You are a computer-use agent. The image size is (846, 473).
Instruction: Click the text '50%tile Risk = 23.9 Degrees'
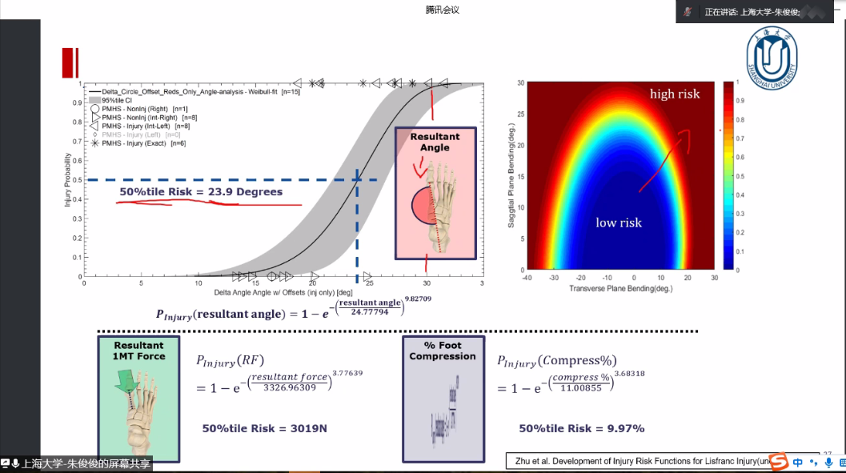(201, 192)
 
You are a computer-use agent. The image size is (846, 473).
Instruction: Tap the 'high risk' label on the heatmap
(674, 94)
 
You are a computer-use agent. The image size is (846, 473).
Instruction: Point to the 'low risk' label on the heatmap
(618, 222)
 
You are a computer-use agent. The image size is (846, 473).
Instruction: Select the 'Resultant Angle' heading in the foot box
(435, 142)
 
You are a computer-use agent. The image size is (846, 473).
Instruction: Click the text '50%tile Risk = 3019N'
(264, 428)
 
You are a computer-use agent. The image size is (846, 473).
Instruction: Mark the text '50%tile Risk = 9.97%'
(581, 428)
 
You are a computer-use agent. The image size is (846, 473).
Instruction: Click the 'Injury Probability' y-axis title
(69, 179)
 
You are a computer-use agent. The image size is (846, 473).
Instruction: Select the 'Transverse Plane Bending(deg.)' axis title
(620, 287)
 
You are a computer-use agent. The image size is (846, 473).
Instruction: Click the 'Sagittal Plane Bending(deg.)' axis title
(510, 176)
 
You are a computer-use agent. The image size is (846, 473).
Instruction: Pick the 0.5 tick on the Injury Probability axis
(78, 180)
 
